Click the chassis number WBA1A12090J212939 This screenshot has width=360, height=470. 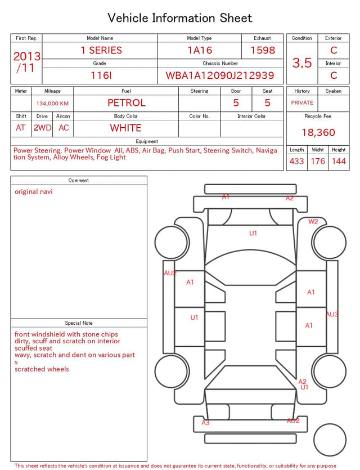pyautogui.click(x=220, y=75)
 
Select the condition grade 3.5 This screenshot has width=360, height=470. pyautogui.click(x=302, y=63)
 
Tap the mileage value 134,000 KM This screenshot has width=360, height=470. pyautogui.click(x=52, y=104)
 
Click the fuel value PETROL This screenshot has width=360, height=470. pyautogui.click(x=127, y=103)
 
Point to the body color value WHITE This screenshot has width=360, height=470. pyautogui.click(x=125, y=128)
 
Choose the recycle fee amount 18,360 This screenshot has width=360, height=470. pyautogui.click(x=318, y=132)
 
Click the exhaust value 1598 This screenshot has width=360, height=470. pyautogui.click(x=263, y=50)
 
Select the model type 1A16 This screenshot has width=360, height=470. pyautogui.click(x=200, y=50)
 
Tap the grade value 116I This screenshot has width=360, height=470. pyautogui.click(x=101, y=75)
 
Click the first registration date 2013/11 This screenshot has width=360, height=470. pyautogui.click(x=26, y=62)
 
